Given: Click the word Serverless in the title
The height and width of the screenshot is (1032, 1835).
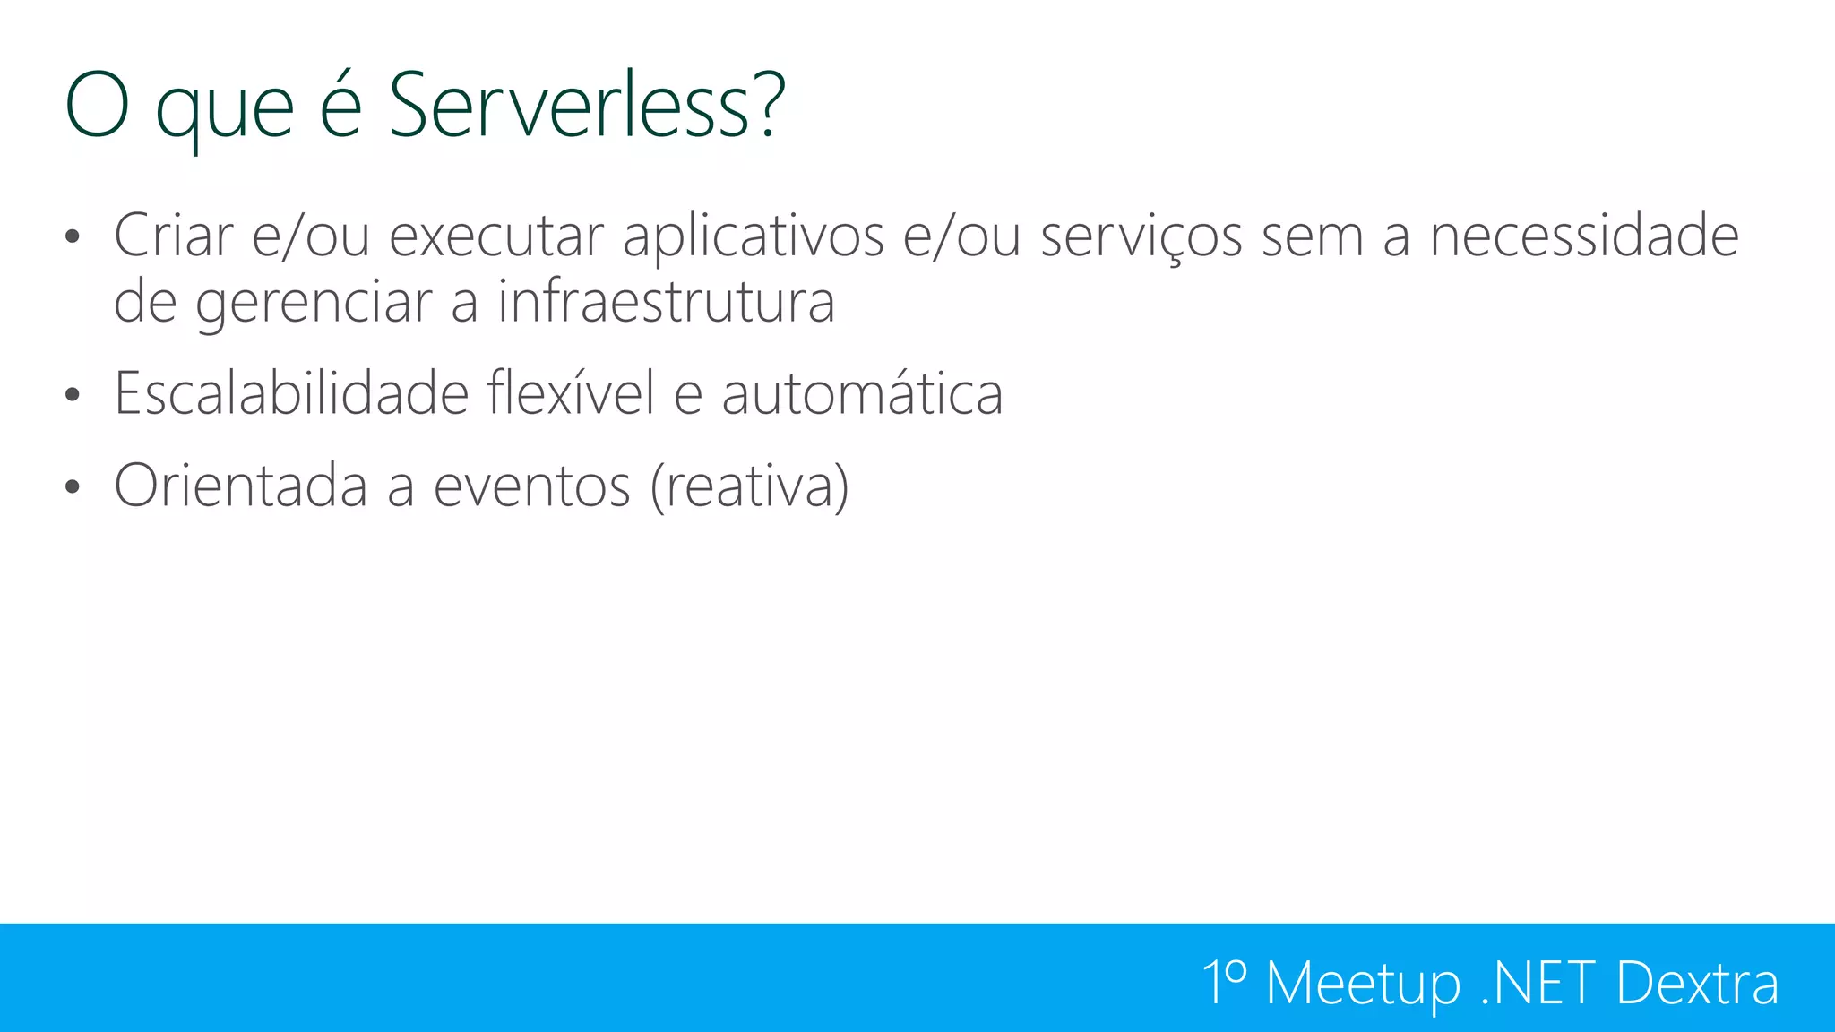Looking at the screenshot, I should pos(569,106).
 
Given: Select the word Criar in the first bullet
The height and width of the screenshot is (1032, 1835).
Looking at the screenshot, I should pos(173,236).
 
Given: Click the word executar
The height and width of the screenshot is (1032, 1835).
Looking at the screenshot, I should pos(495,236).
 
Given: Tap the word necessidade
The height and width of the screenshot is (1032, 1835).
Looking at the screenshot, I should pos(1583,236).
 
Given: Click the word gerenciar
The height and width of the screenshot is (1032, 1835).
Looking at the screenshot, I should pos(314,303).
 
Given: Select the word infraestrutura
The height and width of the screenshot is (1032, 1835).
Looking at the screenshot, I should pos(666,301).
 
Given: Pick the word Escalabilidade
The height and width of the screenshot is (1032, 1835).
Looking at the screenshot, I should pos(291,393).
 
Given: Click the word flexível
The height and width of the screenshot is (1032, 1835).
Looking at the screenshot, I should pos(571,393).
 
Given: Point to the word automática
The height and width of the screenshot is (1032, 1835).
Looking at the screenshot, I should pos(862,394).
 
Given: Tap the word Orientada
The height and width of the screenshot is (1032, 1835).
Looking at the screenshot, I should pos(240,486).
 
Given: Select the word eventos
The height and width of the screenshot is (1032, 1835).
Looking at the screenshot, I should pos(532,486).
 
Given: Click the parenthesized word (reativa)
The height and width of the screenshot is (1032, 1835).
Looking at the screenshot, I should pos(749,486).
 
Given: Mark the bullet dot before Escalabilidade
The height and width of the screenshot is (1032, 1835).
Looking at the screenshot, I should pos(73,395).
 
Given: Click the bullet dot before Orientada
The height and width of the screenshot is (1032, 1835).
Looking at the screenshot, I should pos(73,487).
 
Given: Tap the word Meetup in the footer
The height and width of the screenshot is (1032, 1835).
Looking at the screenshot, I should pos(1363,984).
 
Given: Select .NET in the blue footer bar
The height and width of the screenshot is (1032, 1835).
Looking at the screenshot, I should pos(1538,984).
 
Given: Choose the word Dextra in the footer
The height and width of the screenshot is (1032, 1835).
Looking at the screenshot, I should pos(1697,984).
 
